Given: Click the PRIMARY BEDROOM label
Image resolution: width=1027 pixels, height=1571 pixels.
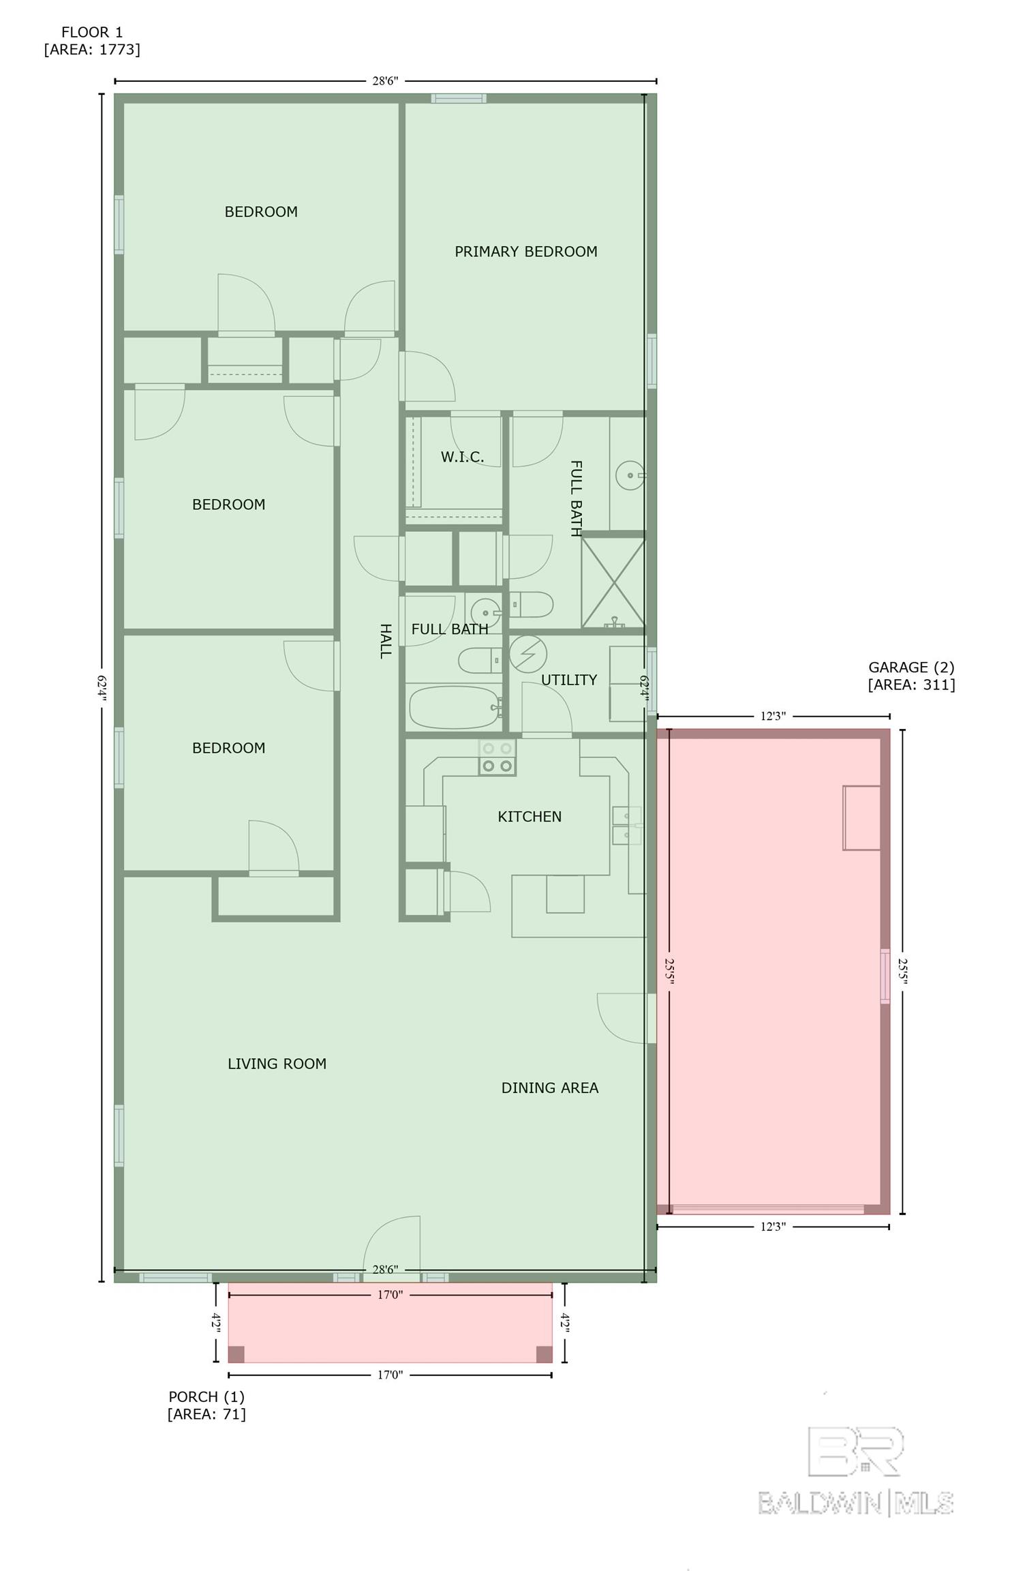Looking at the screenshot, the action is click(x=525, y=252).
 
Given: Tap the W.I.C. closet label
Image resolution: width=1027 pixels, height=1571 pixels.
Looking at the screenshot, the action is click(x=462, y=457).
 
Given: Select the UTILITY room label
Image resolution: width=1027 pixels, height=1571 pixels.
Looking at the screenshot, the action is click(x=569, y=680).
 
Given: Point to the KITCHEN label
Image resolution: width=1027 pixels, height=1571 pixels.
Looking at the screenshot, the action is click(x=530, y=816).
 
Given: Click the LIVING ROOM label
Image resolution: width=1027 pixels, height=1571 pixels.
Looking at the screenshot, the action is click(x=277, y=1064).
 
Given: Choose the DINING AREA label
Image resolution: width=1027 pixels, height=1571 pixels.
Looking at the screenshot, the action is click(x=550, y=1088).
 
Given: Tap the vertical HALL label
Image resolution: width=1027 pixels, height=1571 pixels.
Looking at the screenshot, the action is click(x=385, y=641).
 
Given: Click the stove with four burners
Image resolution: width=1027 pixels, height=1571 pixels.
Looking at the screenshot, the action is click(x=497, y=757).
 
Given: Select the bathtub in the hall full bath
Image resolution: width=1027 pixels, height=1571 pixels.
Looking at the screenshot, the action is click(x=455, y=707).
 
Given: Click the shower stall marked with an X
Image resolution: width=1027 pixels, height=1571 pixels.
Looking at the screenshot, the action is click(x=613, y=582).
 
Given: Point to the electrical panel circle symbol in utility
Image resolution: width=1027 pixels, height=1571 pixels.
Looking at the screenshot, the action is click(x=528, y=654).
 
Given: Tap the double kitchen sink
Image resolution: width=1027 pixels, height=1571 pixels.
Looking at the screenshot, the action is click(x=626, y=826).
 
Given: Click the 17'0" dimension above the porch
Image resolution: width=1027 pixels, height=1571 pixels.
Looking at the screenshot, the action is click(x=390, y=1294).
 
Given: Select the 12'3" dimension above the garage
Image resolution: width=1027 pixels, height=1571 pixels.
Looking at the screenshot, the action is click(x=773, y=716).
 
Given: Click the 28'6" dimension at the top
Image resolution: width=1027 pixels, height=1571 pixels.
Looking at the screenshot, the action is click(x=385, y=80).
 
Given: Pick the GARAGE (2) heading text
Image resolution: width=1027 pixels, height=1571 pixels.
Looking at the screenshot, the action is click(x=911, y=667).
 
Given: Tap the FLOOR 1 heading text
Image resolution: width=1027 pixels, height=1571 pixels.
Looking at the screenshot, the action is click(x=92, y=32).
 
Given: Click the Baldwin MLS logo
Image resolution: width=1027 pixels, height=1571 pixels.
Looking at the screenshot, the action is click(x=856, y=1473).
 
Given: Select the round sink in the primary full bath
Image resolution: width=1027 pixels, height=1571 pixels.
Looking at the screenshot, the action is click(x=630, y=475).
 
